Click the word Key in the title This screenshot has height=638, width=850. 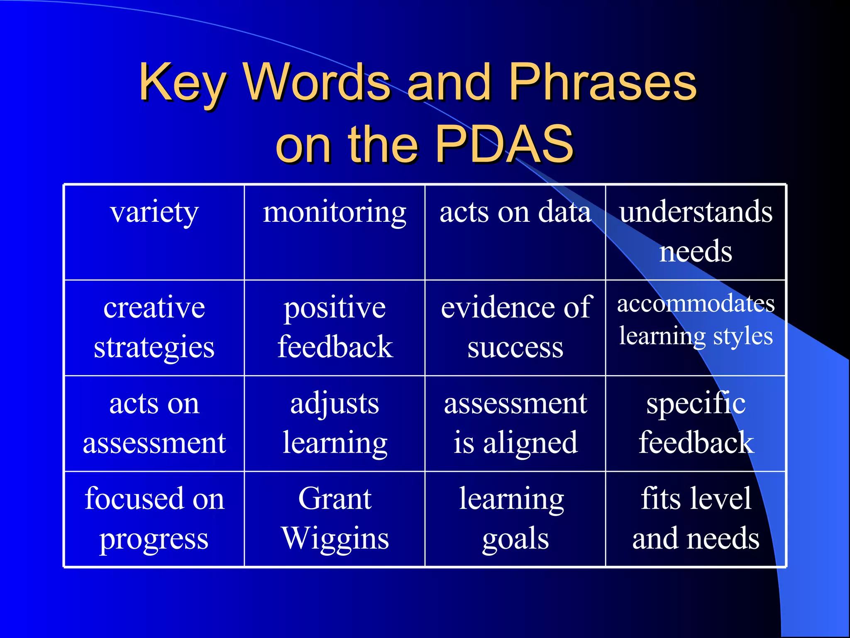click(x=183, y=83)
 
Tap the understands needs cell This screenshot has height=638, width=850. click(x=696, y=232)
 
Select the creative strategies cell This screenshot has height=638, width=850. click(x=154, y=327)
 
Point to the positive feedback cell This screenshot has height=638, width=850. click(x=335, y=327)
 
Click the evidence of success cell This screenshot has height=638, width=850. click(x=515, y=327)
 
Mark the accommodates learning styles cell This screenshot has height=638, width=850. click(x=696, y=320)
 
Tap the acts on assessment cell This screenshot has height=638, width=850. click(x=154, y=423)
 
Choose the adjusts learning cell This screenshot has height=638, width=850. click(x=335, y=423)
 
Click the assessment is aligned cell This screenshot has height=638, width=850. click(x=515, y=423)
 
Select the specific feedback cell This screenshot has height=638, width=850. click(x=696, y=423)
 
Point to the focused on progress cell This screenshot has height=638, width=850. click(x=154, y=518)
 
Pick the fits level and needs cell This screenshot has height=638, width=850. click(x=696, y=518)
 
